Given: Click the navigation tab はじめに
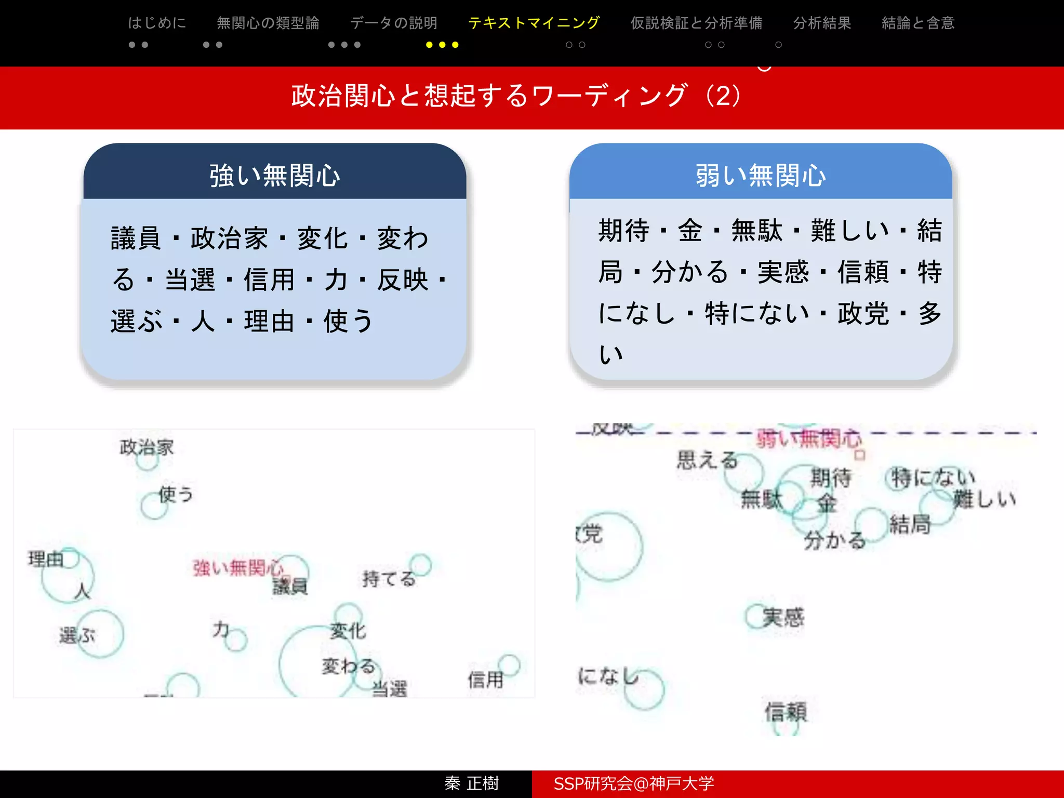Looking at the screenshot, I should [157, 23].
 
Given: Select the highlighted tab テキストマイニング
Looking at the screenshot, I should [534, 23].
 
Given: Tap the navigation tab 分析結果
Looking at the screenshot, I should [822, 23].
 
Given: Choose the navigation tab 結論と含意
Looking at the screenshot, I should [918, 23].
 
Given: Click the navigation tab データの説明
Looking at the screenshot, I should [394, 23].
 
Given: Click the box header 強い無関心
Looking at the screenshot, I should [275, 175].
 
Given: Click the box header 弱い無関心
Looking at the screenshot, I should [761, 175].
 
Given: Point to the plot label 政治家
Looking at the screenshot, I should [147, 447].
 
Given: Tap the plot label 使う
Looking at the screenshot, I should [176, 494].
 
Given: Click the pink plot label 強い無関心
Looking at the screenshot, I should [238, 567].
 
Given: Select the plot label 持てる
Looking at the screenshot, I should [389, 578].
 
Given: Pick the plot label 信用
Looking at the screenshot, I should [485, 680].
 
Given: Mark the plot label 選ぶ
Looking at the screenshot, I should [77, 635].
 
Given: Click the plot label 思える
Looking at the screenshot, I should [707, 460].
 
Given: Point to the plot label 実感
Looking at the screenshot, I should [783, 617].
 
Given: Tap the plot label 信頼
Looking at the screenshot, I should [786, 712].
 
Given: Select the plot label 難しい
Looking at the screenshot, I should [984, 499].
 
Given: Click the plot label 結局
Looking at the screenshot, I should [910, 524].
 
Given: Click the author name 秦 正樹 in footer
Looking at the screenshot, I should [471, 783].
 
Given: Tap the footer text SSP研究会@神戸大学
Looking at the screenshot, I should [634, 783].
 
